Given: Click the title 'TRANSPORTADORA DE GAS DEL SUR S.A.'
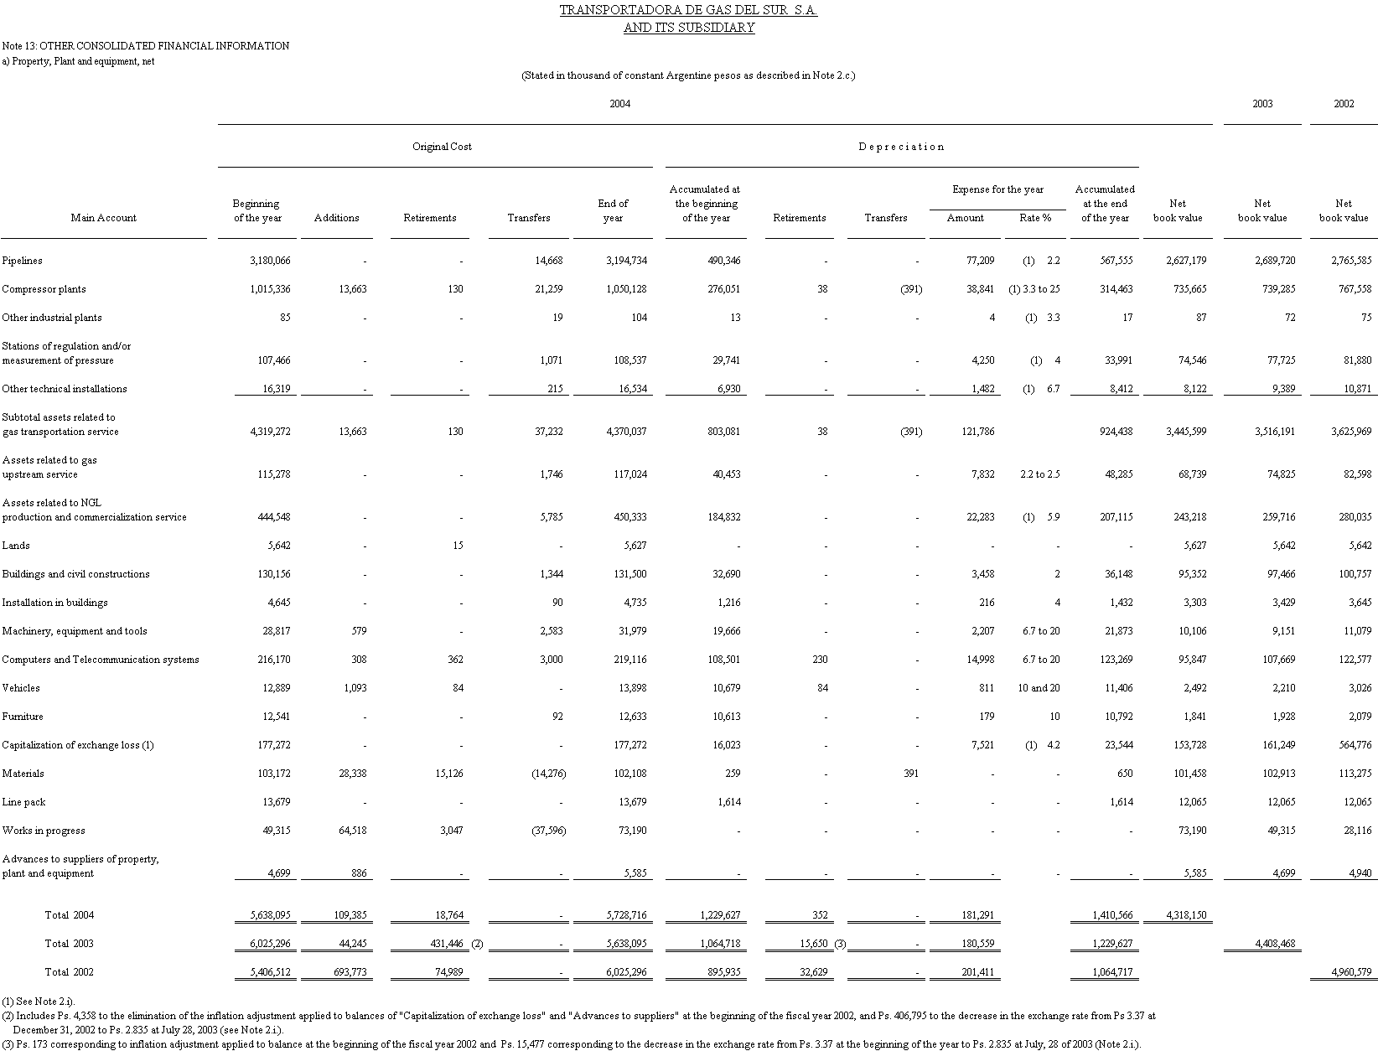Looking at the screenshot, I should coord(688,11).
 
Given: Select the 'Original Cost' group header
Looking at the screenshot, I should coord(442,147).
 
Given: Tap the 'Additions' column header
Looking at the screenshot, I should coord(336,218).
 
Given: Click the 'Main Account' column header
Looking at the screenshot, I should coord(104,218).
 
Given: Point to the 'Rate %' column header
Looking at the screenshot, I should coord(1035,218).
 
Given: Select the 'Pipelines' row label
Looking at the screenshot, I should coord(23,261).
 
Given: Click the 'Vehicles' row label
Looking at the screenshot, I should coord(21,688).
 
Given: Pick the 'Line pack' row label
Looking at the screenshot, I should coord(23,802).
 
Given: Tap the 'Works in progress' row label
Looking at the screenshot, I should coord(44,831).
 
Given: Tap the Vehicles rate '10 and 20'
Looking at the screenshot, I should coord(1039,688).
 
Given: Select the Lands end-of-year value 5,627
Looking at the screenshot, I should coord(630,546).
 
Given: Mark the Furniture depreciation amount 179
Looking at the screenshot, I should coord(986,717).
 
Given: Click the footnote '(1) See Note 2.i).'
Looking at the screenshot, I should coord(39,1001).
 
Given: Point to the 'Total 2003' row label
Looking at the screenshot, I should coord(69,944).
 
